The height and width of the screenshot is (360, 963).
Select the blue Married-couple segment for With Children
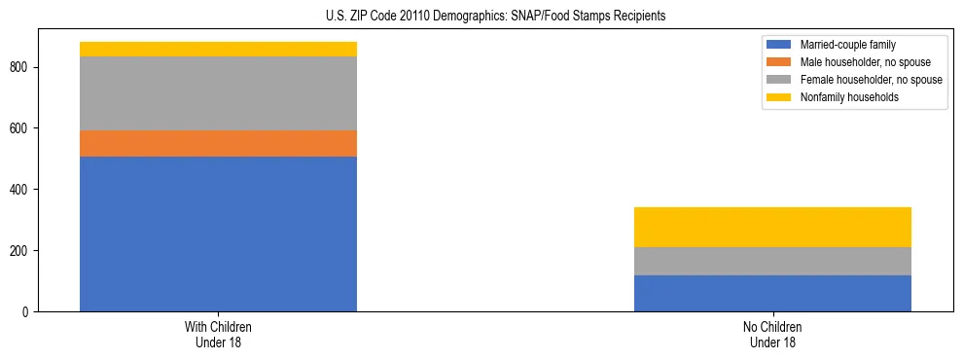[x=218, y=234]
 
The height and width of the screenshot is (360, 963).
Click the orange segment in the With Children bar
[x=218, y=143]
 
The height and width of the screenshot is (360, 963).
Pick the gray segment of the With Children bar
[x=218, y=93]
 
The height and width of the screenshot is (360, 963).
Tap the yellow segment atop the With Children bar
[x=218, y=49]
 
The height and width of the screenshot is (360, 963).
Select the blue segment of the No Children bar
[x=772, y=293]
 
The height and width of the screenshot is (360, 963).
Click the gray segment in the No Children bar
[x=772, y=261]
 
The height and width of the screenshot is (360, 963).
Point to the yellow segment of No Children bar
[x=772, y=227]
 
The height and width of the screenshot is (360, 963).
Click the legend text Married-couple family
[x=847, y=45]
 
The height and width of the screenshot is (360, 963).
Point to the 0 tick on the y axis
[x=28, y=311]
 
